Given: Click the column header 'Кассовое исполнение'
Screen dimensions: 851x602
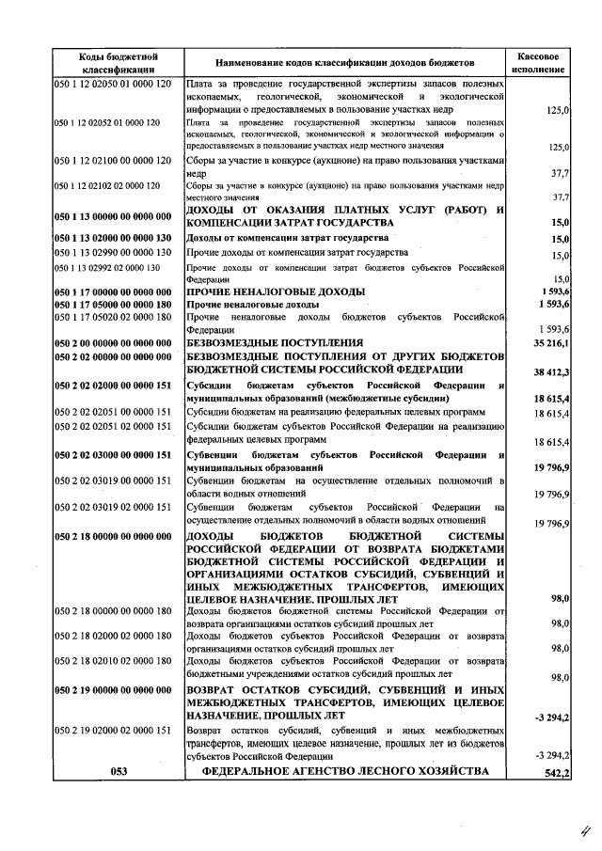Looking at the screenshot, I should pos(539,62).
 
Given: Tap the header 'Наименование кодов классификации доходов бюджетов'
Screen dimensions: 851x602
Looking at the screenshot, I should pos(345,62).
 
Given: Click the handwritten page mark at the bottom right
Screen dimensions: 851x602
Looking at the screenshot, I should pos(583,828).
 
